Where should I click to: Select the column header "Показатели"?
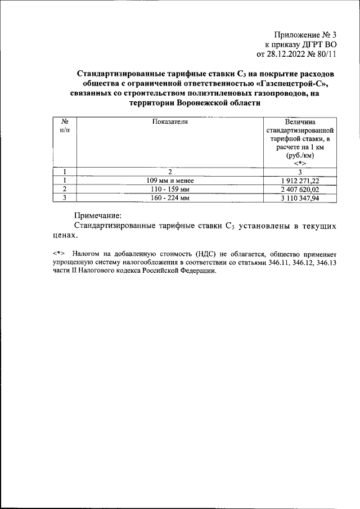[169, 121]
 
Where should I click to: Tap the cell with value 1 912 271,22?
[300, 181]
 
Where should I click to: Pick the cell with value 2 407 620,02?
[300, 189]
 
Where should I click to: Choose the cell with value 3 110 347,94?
[300, 198]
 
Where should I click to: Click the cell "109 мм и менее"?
[169, 181]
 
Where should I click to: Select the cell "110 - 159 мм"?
[169, 189]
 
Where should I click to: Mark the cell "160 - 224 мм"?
[169, 198]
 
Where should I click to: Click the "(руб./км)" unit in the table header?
[300, 155]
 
